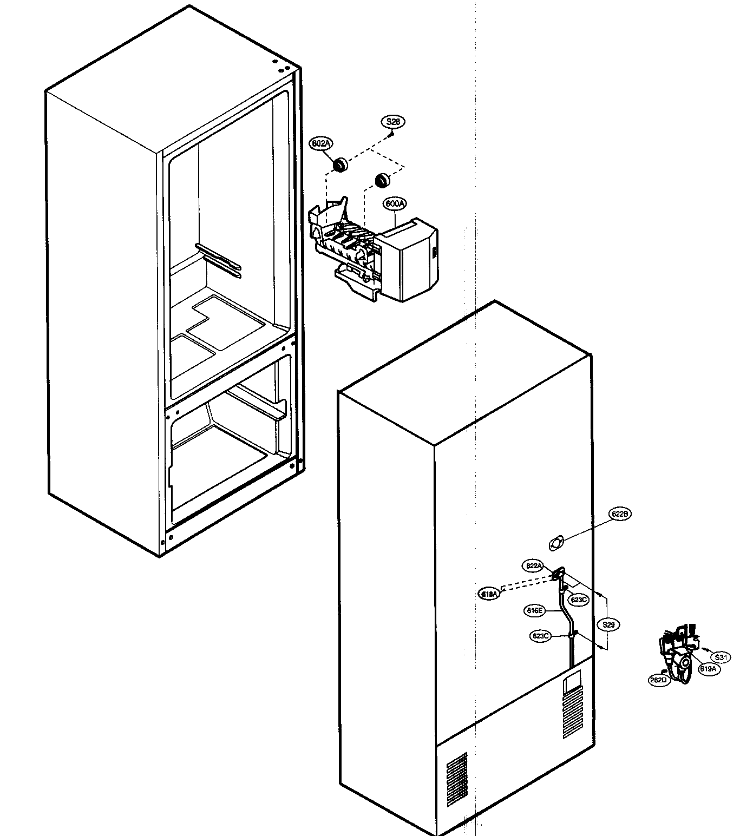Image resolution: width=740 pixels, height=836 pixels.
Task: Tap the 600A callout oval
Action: [395, 203]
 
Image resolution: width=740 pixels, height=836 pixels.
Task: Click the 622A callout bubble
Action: [534, 566]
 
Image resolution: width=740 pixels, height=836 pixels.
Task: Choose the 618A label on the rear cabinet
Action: [490, 594]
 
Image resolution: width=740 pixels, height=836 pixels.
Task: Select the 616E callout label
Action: [534, 610]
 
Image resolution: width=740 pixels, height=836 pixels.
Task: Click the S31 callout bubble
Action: [720, 657]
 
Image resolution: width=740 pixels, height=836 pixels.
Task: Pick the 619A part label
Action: [708, 669]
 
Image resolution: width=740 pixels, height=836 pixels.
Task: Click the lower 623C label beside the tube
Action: [541, 636]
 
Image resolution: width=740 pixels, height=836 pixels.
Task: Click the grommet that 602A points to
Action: [340, 164]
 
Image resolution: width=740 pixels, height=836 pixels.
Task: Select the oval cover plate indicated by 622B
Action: [555, 543]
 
